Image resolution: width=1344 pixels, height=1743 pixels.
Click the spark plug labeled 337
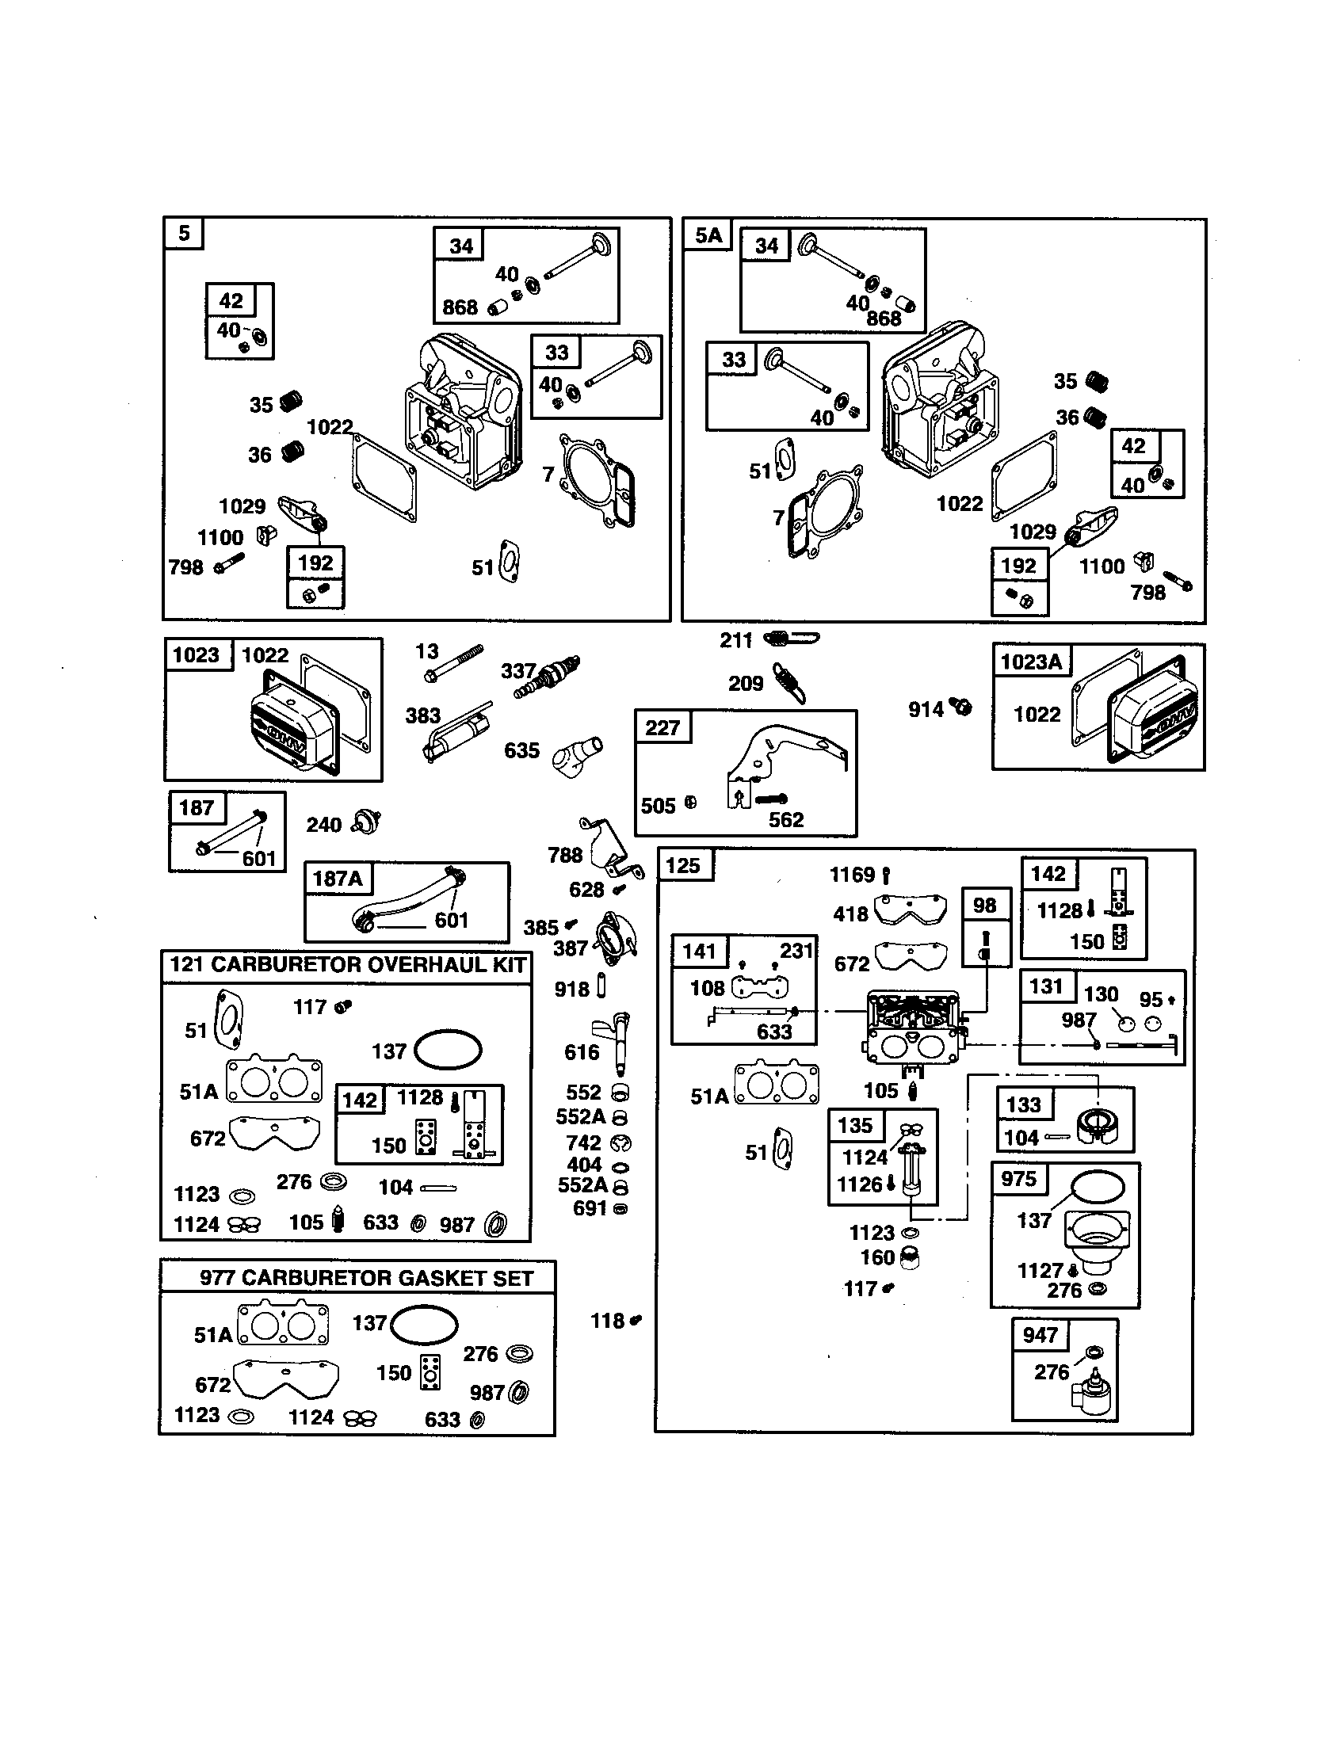[549, 677]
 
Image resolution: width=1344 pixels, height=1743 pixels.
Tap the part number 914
[926, 709]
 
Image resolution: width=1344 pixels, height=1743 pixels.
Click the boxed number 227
[662, 727]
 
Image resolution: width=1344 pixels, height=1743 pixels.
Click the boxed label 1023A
[1031, 661]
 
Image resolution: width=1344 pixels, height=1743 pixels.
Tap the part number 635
[521, 750]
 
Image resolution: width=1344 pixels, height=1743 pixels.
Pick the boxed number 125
[683, 865]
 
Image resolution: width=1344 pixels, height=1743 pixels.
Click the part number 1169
[853, 875]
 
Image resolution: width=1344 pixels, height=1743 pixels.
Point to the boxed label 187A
[338, 879]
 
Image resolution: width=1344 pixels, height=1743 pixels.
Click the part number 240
[323, 825]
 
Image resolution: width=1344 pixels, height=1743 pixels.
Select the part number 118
[606, 1321]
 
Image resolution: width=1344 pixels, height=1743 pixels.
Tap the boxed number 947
[1040, 1334]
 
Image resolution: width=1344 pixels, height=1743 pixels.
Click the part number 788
[565, 855]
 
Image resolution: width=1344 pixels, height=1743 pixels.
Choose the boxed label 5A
[708, 235]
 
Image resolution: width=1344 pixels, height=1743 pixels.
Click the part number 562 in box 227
[785, 820]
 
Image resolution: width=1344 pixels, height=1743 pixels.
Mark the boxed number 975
[1018, 1179]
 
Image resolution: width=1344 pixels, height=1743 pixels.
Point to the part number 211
[736, 640]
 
